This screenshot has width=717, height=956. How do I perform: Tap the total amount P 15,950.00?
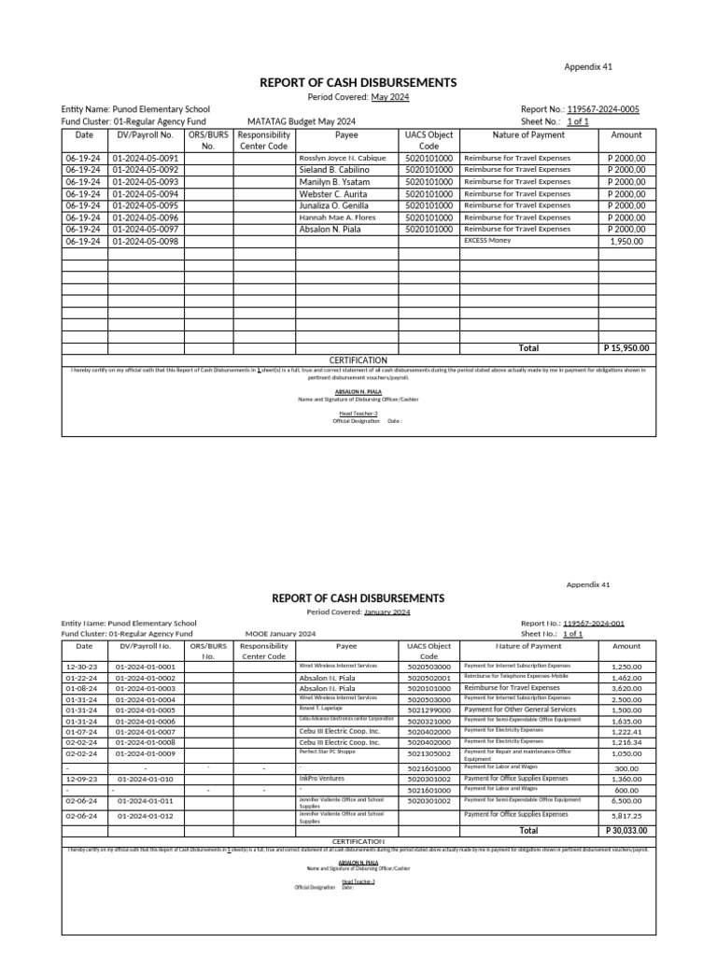(626, 348)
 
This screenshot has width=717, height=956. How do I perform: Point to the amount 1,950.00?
(626, 241)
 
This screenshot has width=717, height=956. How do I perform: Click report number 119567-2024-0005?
(604, 109)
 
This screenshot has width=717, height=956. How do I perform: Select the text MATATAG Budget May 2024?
(302, 121)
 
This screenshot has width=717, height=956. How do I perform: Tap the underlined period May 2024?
(390, 97)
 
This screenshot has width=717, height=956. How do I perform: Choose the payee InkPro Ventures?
(322, 778)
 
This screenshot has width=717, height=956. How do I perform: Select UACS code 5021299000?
(429, 710)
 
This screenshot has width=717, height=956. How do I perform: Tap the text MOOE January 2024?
(280, 634)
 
